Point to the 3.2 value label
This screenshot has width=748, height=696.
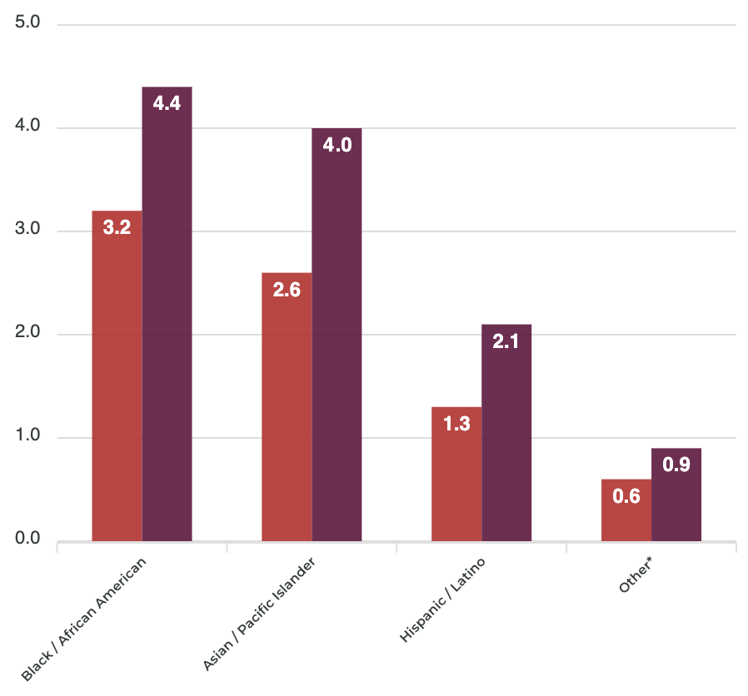tap(117, 227)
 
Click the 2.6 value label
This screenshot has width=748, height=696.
tap(287, 290)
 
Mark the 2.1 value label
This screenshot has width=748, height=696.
tap(506, 341)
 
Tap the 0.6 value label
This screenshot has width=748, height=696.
tap(626, 496)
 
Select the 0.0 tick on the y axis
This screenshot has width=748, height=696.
tap(27, 539)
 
